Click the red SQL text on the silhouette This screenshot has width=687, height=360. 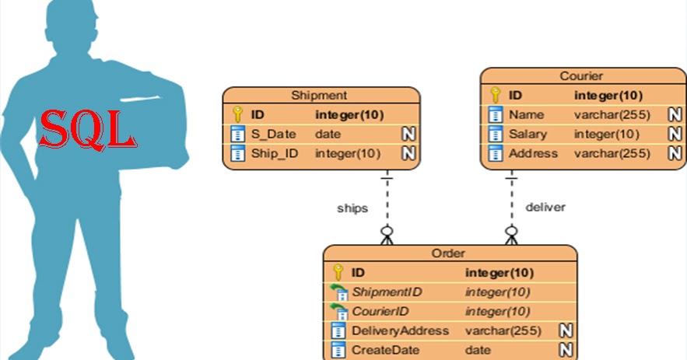click(87, 129)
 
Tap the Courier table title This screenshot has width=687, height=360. click(581, 76)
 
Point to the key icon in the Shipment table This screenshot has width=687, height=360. click(238, 115)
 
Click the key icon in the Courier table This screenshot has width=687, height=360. click(495, 96)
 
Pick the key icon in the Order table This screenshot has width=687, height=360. click(338, 273)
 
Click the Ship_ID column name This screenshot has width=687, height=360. click(274, 153)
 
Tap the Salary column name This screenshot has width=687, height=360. click(528, 135)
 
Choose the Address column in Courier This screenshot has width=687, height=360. click(533, 153)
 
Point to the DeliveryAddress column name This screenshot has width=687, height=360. click(400, 330)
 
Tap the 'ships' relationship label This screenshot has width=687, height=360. click(352, 208)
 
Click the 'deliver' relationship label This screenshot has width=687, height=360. click(545, 208)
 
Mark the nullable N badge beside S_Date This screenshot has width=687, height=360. click(408, 135)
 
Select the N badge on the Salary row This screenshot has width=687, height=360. click(675, 135)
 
